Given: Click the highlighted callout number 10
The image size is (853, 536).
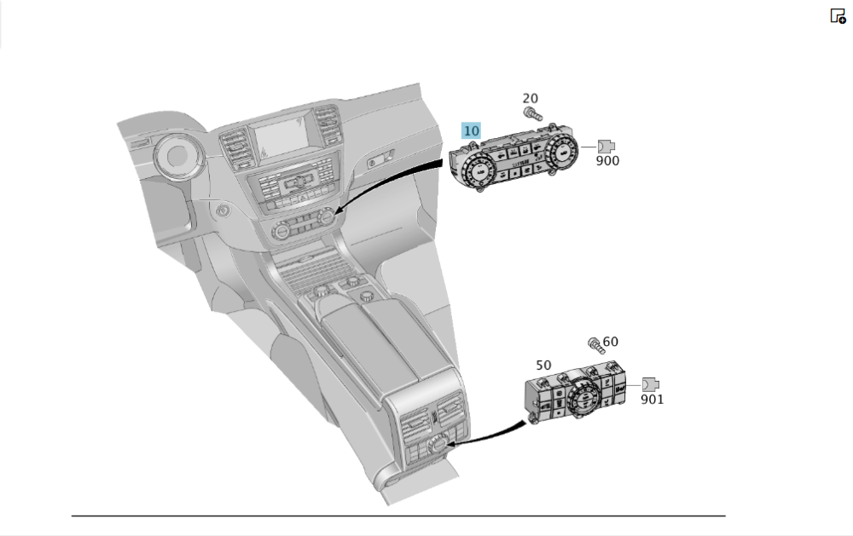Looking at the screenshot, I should (471, 131).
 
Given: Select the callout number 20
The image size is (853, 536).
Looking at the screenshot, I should (530, 99).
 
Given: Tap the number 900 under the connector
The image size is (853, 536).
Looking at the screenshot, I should (607, 160).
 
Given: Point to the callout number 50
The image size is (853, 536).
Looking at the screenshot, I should (544, 365).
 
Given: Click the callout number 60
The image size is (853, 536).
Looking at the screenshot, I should (610, 343).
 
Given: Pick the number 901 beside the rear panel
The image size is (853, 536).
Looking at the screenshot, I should (652, 399).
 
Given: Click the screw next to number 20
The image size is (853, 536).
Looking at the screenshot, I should (531, 113).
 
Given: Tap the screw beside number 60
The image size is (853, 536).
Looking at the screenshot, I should (594, 344).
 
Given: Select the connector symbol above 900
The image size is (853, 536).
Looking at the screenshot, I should (606, 146).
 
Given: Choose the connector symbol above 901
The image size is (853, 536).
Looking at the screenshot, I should (650, 384).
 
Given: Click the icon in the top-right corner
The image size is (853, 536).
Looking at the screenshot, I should (838, 15).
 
